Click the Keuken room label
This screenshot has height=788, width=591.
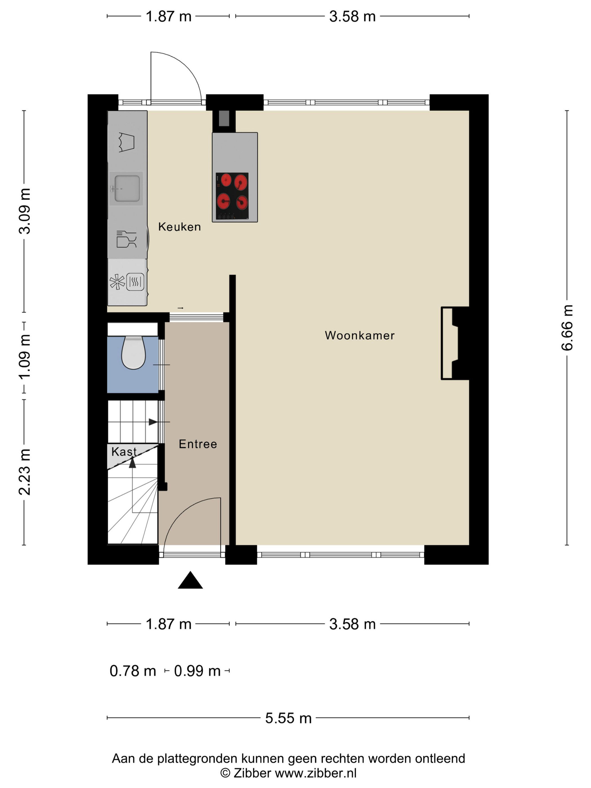pyautogui.click(x=179, y=227)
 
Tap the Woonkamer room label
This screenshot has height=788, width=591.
pyautogui.click(x=360, y=335)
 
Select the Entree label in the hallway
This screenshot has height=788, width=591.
pyautogui.click(x=198, y=444)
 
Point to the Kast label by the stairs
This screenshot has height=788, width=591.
pyautogui.click(x=124, y=451)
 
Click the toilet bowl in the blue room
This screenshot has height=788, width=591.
pyautogui.click(x=133, y=353)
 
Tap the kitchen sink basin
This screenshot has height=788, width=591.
pyautogui.click(x=127, y=189)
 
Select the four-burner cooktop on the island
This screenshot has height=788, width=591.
pyautogui.click(x=232, y=196)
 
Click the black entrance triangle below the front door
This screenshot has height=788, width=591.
pyautogui.click(x=190, y=580)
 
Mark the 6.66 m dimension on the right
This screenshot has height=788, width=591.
pyautogui.click(x=567, y=328)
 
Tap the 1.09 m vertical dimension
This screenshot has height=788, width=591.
pyautogui.click(x=24, y=357)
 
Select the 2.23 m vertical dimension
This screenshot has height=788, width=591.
pyautogui.click(x=24, y=472)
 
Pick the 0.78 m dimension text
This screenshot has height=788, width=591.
pyautogui.click(x=133, y=671)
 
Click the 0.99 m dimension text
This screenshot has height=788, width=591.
pyautogui.click(x=197, y=671)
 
